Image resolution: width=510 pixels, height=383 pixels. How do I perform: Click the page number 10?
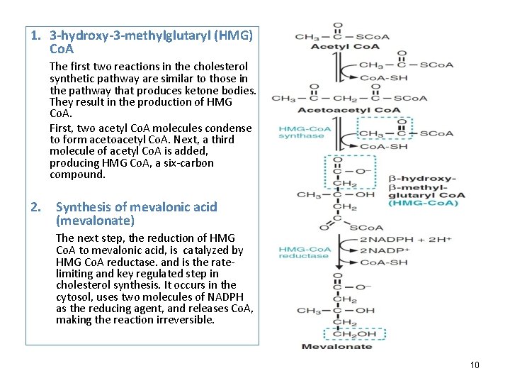pos(475,365)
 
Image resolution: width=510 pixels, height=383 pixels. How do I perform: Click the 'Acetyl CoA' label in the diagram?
pos(336,47)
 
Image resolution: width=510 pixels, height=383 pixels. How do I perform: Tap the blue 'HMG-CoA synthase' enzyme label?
pos(305,133)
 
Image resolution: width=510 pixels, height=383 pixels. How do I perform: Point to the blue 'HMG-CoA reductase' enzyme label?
pos(305,252)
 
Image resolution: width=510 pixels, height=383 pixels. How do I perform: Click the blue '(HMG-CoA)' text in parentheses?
pos(424,204)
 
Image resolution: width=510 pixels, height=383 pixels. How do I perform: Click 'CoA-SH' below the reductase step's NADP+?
pos(383,262)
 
